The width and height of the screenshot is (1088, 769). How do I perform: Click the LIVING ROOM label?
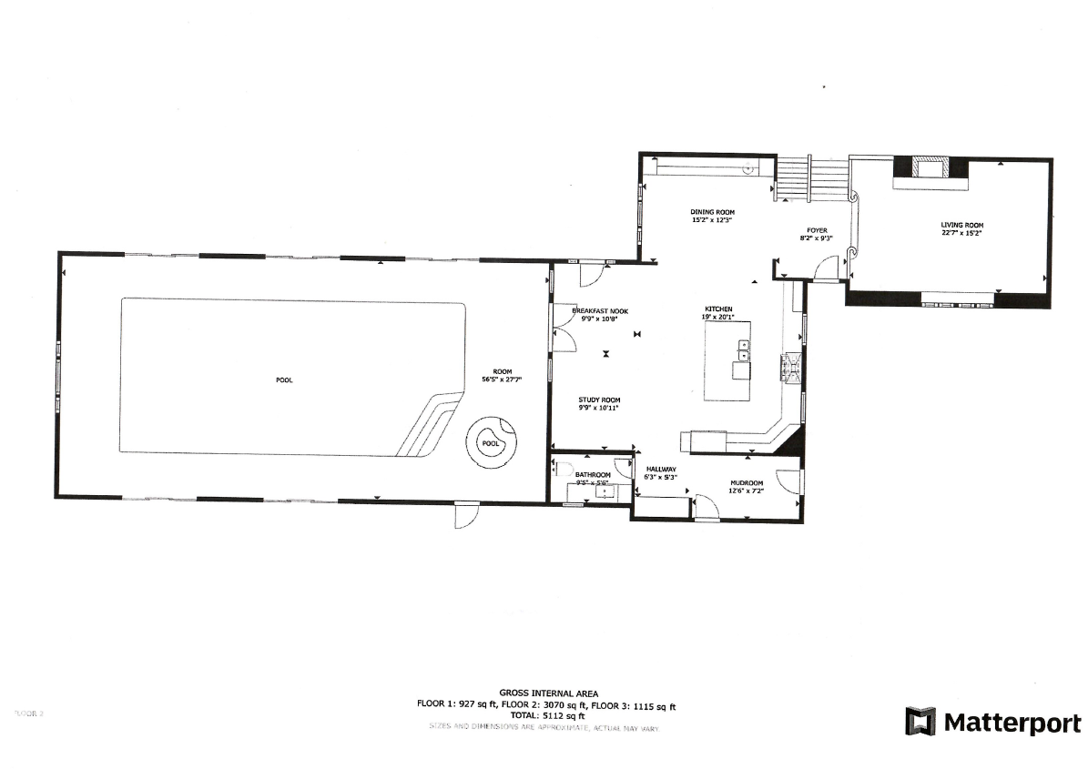[x=962, y=225]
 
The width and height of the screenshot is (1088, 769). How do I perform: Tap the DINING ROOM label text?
[x=712, y=211]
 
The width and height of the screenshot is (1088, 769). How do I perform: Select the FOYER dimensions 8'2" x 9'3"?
[x=816, y=238]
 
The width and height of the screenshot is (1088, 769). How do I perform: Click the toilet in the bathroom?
[x=563, y=470]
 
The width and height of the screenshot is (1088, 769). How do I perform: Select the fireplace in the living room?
[x=930, y=167]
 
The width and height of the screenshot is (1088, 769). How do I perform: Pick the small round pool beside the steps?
[x=492, y=443]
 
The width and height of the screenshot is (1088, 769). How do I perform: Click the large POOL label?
[x=285, y=380]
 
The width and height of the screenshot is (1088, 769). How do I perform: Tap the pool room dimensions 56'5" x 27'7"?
[x=503, y=380]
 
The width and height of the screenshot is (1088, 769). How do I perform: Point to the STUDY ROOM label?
[x=599, y=400]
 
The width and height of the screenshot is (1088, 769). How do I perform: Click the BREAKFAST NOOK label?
[x=599, y=311]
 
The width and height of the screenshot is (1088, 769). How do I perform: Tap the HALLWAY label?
[x=661, y=469]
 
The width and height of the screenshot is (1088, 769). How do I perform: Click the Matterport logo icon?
[x=920, y=722]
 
